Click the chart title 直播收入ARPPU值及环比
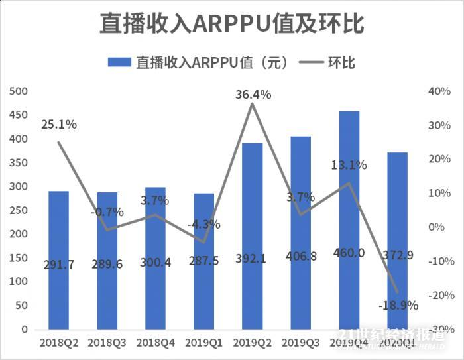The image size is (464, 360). pos(232,24)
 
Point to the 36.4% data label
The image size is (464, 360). pos(253,95)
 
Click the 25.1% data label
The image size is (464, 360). pos(59,124)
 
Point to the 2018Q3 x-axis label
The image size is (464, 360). pos(107,343)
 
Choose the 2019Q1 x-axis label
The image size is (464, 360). pos(203,343)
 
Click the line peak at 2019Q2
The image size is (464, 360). pos(252,104)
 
